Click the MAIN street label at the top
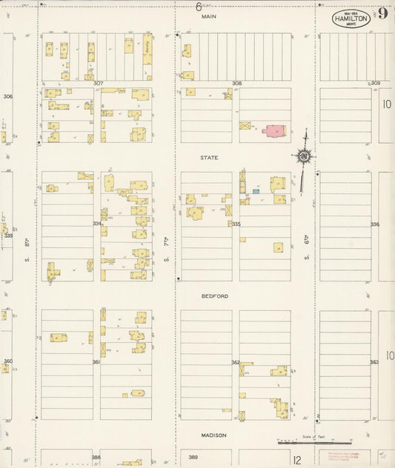(210, 16)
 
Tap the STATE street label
(209, 158)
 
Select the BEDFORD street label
(215, 296)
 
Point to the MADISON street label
(213, 435)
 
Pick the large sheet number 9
(382, 14)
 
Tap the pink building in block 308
(273, 131)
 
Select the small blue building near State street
(256, 192)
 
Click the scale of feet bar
(304, 443)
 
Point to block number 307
(97, 84)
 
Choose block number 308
(236, 84)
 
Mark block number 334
(97, 224)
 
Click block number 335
(236, 224)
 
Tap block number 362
(236, 363)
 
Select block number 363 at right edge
(374, 362)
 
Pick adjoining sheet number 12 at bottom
(296, 461)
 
